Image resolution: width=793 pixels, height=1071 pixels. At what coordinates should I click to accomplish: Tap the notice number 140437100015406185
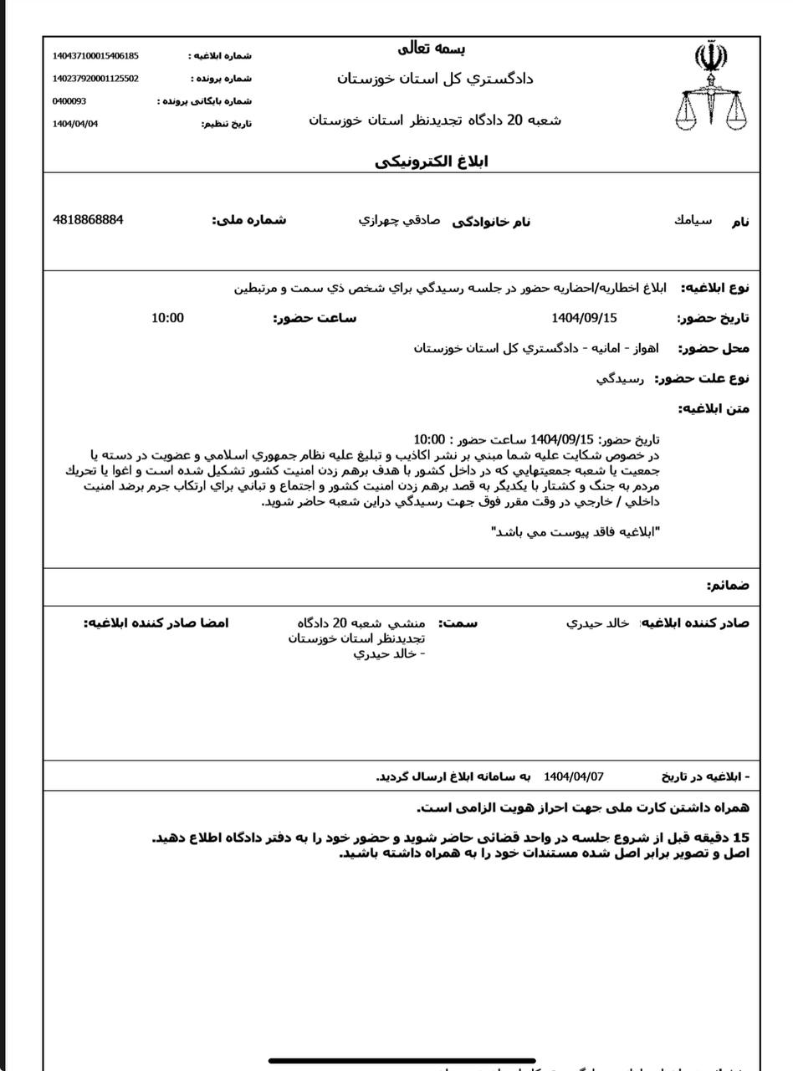[95, 56]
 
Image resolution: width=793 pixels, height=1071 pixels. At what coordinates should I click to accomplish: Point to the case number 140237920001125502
[95, 79]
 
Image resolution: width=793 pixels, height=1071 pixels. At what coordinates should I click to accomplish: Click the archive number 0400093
[69, 101]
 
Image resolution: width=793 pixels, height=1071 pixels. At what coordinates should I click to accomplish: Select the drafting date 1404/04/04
[75, 124]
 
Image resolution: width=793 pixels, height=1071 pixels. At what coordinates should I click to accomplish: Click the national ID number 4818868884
[88, 220]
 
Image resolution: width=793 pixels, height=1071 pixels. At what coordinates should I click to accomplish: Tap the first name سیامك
[693, 221]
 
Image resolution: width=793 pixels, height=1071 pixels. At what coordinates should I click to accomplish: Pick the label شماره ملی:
[248, 221]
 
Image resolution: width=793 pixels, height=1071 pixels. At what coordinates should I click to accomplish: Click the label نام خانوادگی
[491, 222]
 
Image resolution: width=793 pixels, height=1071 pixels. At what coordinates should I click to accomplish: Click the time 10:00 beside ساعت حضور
[167, 318]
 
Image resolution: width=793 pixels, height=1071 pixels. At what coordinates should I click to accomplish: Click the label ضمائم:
[727, 585]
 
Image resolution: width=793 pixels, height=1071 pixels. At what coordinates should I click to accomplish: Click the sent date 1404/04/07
[573, 776]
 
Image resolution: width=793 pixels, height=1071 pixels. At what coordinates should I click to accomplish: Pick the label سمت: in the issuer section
[458, 624]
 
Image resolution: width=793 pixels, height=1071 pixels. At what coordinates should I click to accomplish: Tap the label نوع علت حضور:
[702, 379]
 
